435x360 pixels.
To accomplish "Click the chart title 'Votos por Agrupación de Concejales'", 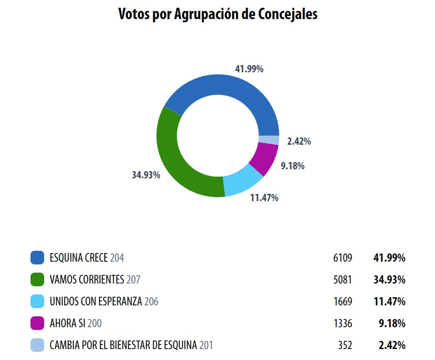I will tap(217, 14).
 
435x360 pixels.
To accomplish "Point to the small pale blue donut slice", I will tap(268, 140).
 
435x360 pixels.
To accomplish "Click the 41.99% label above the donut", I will tap(249, 69).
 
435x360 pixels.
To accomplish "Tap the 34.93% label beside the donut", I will tap(146, 175).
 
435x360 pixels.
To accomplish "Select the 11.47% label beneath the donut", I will tap(264, 198).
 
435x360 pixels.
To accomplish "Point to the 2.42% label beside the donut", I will tap(299, 142).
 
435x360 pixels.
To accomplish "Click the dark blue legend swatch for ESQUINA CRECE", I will tap(37, 258).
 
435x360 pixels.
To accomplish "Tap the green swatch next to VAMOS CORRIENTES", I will tap(37, 279).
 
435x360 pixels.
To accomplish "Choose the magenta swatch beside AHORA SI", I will tap(37, 324).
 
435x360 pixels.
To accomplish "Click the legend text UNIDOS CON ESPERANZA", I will tap(96, 301).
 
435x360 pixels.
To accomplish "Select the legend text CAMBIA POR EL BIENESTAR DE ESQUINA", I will tap(123, 345).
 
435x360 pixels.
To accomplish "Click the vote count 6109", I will tap(343, 258).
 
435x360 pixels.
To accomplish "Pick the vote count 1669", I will tap(343, 301).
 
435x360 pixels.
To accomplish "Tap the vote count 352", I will tap(345, 345).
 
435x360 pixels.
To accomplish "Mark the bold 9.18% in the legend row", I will tap(392, 324).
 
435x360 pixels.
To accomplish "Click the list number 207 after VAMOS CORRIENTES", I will tap(133, 279).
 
